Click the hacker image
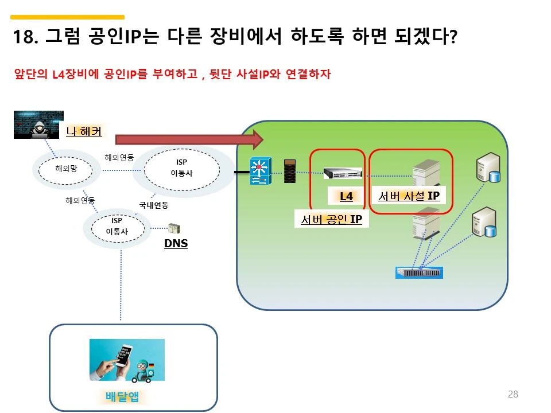pyautogui.click(x=38, y=124)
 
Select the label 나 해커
pyautogui.click(x=84, y=131)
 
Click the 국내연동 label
pyautogui.click(x=153, y=205)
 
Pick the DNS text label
pyautogui.click(x=176, y=244)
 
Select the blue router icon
pyautogui.click(x=259, y=170)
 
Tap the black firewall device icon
pyautogui.click(x=290, y=170)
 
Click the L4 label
pyautogui.click(x=346, y=196)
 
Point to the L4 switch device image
pyautogui.click(x=343, y=172)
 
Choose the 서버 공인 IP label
pyautogui.click(x=332, y=219)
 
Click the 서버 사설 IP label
pyautogui.click(x=409, y=196)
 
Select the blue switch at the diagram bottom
pyautogui.click(x=420, y=272)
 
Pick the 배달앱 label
pyautogui.click(x=122, y=396)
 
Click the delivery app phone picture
pyautogui.click(x=127, y=360)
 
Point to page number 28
pyautogui.click(x=513, y=394)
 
